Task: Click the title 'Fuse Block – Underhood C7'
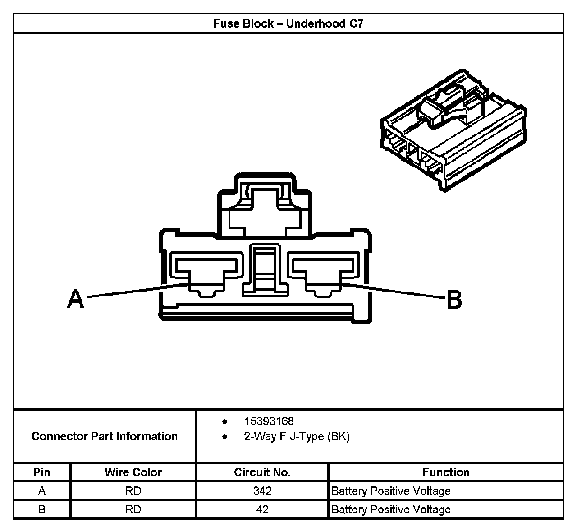(x=288, y=23)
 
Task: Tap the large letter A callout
(x=75, y=299)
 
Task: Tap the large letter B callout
(x=454, y=300)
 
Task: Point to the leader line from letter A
(x=135, y=291)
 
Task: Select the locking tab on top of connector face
(x=264, y=205)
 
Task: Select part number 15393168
(x=269, y=421)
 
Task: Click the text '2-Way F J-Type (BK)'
(x=297, y=436)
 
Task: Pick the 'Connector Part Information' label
(x=105, y=436)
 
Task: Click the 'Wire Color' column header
(x=133, y=472)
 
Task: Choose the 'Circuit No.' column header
(x=262, y=472)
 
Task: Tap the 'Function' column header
(x=446, y=472)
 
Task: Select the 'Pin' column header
(x=42, y=472)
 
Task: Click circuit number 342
(x=262, y=491)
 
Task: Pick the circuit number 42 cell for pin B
(x=262, y=509)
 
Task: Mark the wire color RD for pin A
(x=133, y=491)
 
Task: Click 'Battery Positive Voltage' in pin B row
(x=391, y=509)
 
